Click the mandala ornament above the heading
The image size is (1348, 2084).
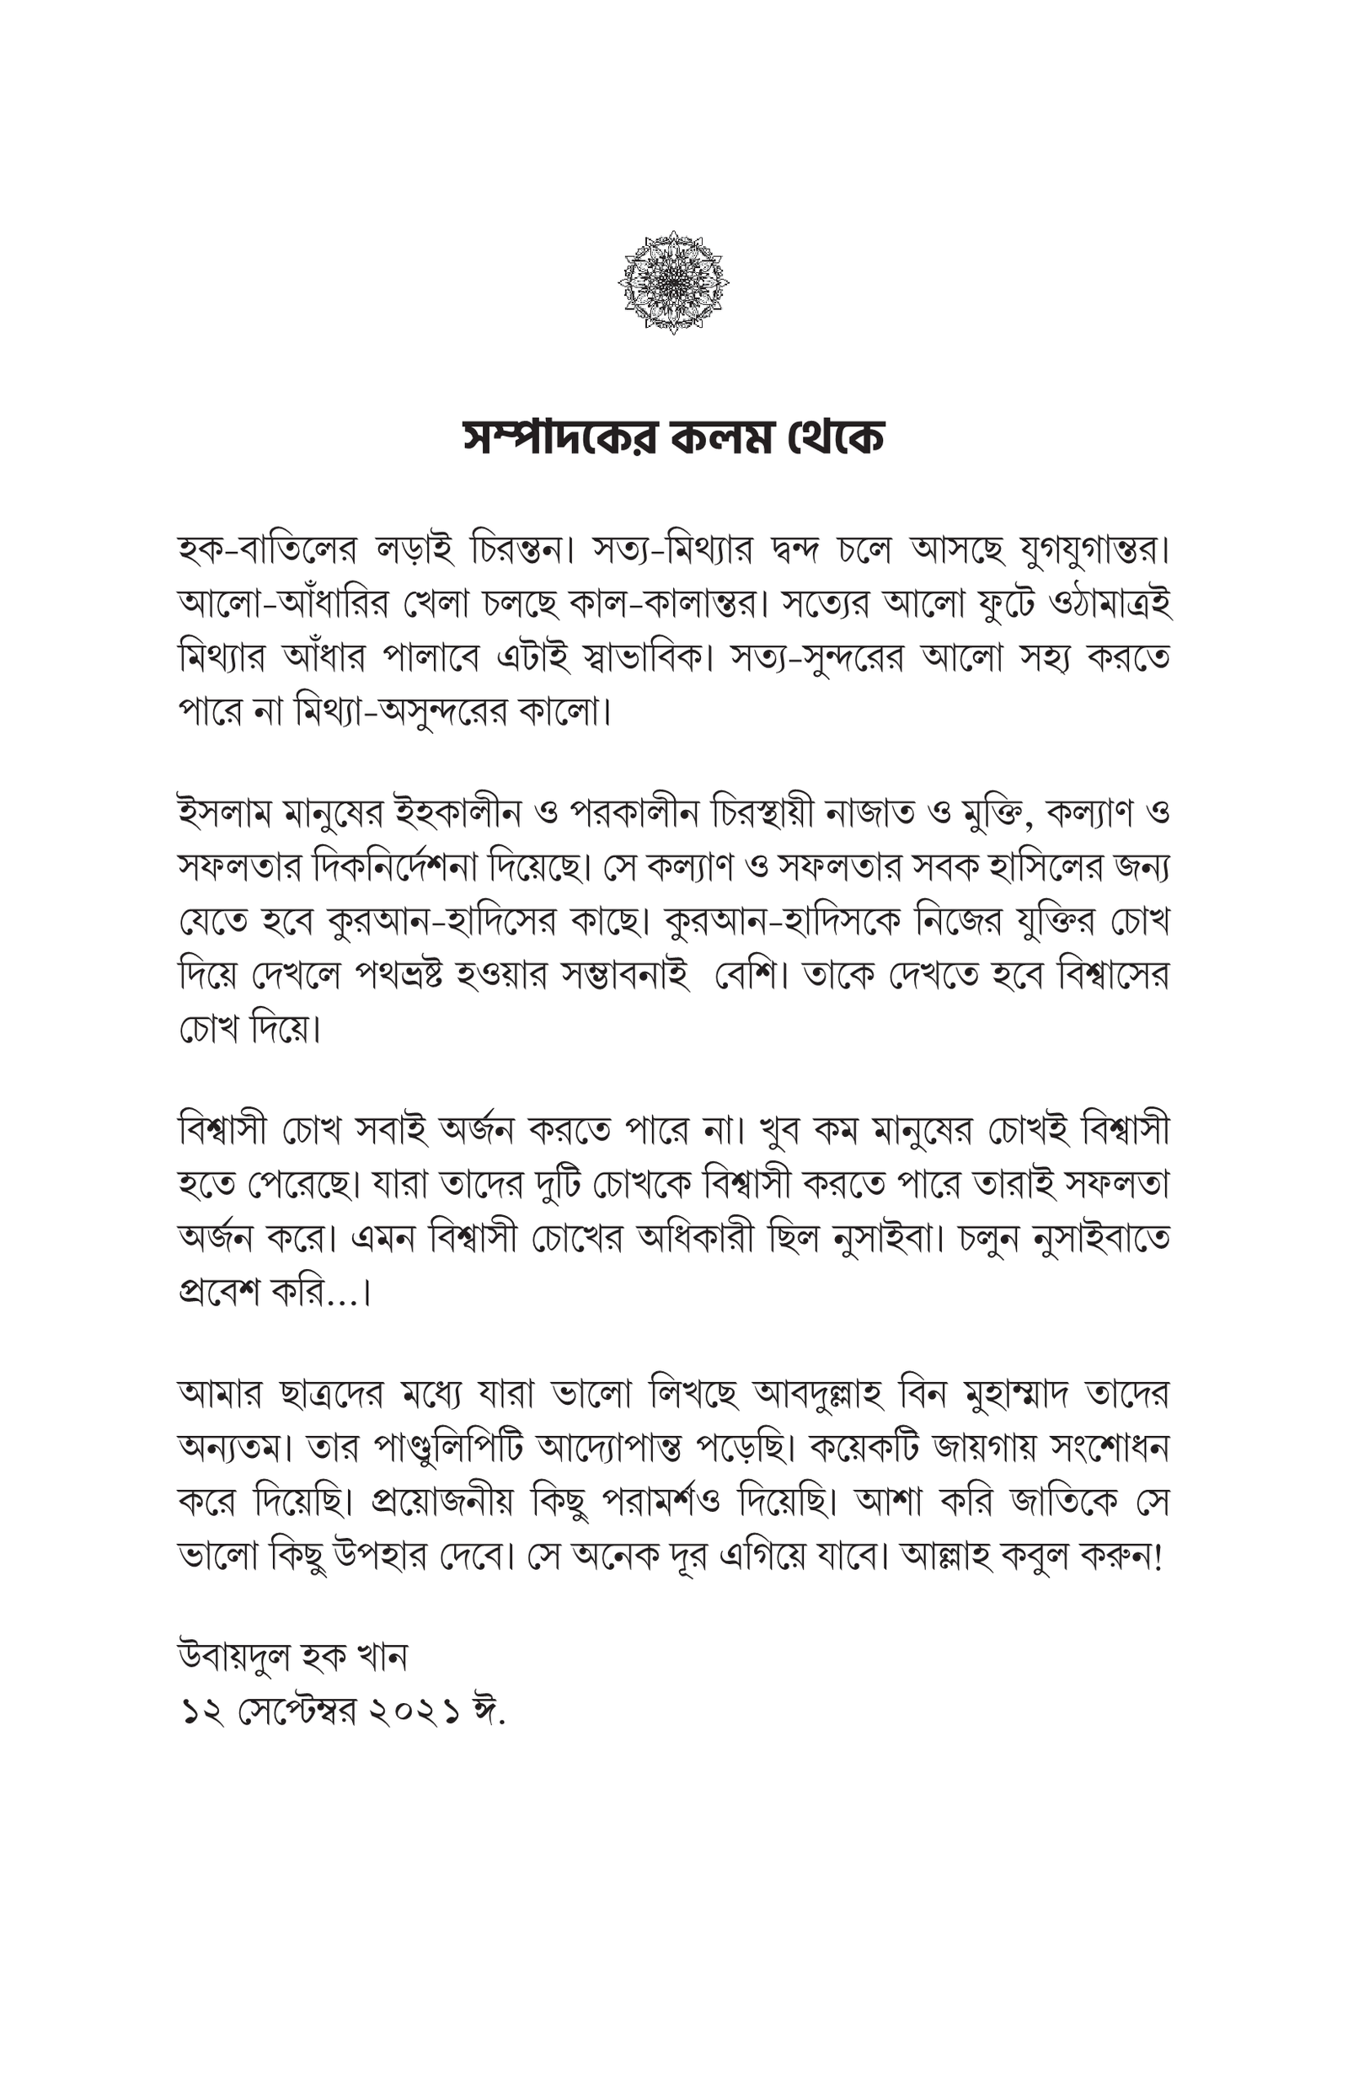pos(673,281)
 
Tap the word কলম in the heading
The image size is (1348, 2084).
pos(721,437)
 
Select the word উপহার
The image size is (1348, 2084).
pos(401,1557)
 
